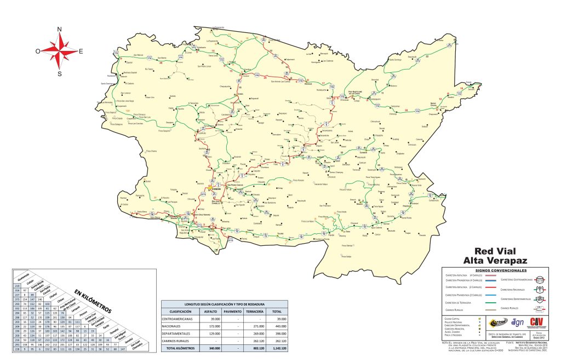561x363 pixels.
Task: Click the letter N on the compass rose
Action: coord(60,30)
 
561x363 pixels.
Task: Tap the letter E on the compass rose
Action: coord(81,51)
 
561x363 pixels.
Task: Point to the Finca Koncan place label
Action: coord(297,180)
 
